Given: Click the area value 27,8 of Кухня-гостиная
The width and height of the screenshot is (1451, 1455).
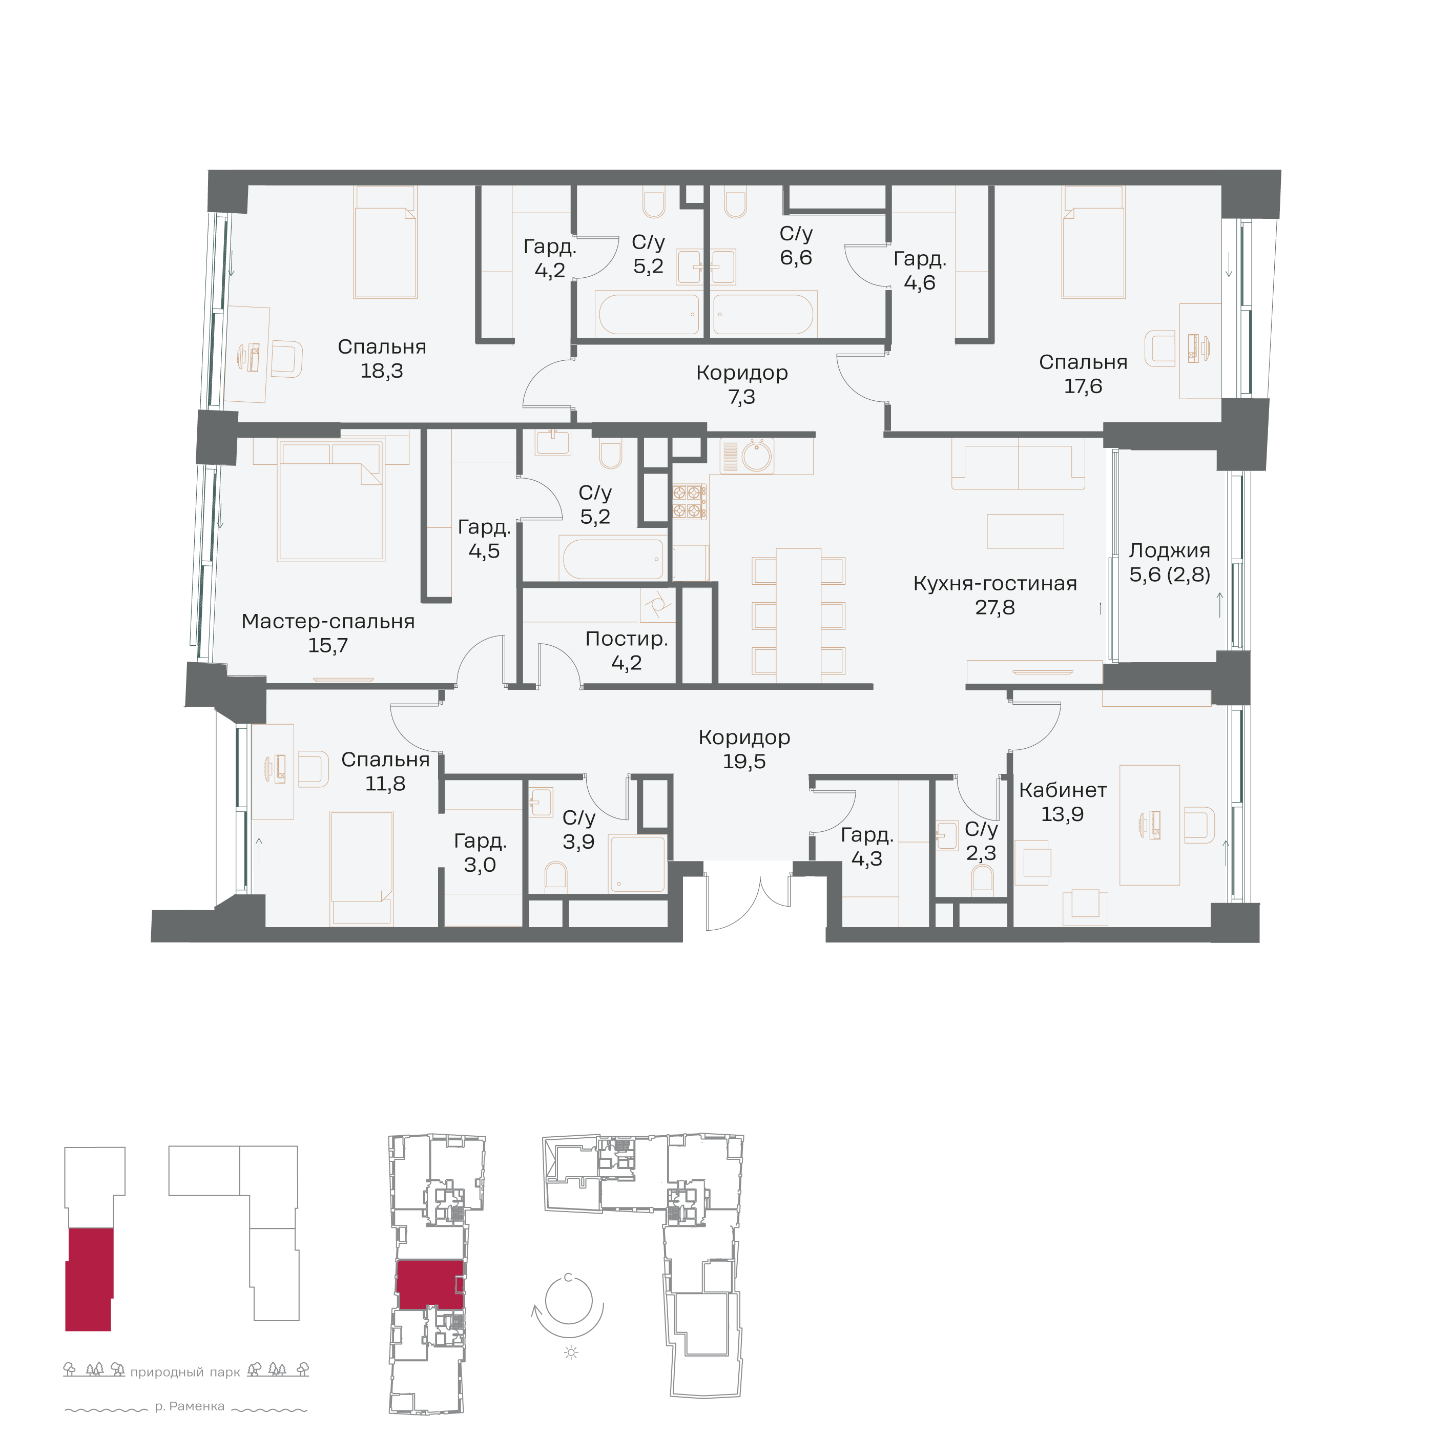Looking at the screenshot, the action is [x=994, y=608].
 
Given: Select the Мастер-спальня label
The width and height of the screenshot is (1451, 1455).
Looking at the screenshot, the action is [x=328, y=621].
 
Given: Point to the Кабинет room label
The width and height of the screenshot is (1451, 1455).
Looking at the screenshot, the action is [x=1063, y=790].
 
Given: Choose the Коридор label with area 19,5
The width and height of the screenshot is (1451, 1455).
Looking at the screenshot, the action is [x=744, y=737].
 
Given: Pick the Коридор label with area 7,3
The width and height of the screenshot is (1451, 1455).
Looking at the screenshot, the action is [x=742, y=373].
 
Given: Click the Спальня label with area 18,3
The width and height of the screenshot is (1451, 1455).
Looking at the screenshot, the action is [x=382, y=347].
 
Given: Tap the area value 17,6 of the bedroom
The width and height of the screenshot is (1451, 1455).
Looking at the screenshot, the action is [x=1083, y=386].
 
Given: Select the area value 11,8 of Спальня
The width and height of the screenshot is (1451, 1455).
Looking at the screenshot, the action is [x=385, y=784].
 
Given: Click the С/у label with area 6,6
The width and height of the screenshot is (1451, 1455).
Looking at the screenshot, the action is [x=796, y=234].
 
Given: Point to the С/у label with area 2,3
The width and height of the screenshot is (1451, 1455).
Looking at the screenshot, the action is [x=981, y=829].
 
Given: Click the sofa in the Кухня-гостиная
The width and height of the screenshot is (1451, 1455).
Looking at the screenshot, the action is [x=1018, y=464].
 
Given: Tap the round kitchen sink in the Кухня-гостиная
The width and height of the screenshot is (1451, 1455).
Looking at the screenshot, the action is [x=757, y=456].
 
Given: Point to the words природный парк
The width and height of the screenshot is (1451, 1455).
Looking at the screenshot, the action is [x=185, y=1372].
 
